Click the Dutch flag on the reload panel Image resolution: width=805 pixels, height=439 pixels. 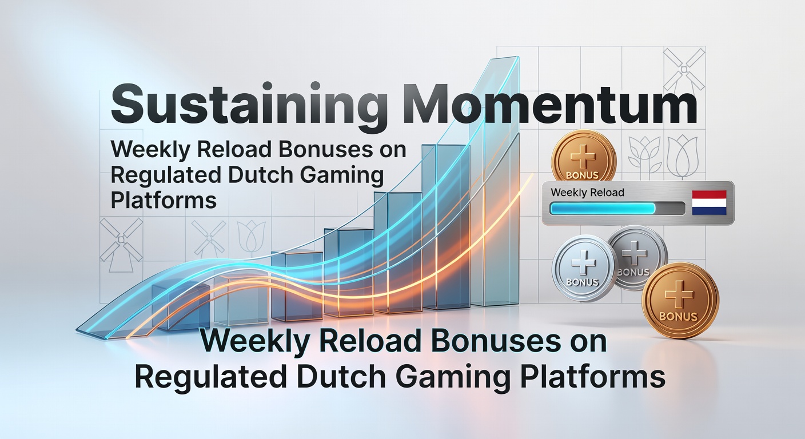708,203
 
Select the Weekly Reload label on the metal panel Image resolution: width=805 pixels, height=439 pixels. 587,193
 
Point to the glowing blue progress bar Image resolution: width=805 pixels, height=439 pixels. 603,209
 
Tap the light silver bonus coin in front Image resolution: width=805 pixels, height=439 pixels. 583,269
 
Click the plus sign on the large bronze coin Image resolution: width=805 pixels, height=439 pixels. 680,295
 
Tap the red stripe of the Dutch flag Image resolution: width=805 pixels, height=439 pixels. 708,195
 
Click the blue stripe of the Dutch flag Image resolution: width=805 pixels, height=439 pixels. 708,210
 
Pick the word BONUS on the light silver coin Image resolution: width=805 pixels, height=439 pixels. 582,282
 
